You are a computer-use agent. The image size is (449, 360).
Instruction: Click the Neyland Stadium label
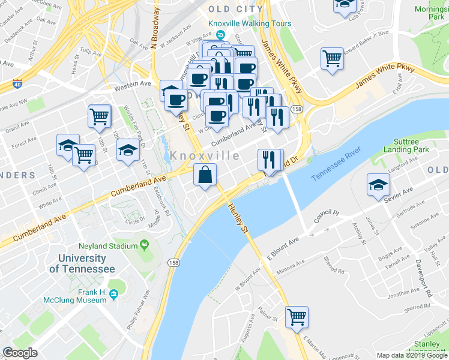pyautogui.click(x=109, y=246)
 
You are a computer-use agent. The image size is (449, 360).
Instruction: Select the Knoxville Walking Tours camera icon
pyautogui.click(x=221, y=35)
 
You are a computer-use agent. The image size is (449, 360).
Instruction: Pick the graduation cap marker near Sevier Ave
pyautogui.click(x=378, y=184)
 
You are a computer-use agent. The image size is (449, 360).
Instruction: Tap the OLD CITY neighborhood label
pyautogui.click(x=235, y=9)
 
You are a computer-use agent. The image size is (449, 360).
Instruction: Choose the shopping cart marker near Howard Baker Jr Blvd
pyautogui.click(x=332, y=59)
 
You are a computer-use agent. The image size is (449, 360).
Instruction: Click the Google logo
pyautogui.click(x=20, y=353)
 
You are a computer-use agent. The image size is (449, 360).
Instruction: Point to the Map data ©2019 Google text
pyautogui.click(x=411, y=355)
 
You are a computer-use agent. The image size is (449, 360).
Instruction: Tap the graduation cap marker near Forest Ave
pyautogui.click(x=68, y=145)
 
